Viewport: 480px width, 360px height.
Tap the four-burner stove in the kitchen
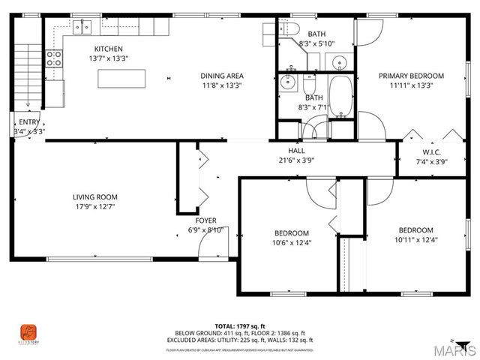click(x=54, y=58)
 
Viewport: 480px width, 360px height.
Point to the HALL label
click(x=286, y=150)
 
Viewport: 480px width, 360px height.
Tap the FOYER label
click(x=206, y=220)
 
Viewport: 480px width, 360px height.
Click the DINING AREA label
click(x=222, y=76)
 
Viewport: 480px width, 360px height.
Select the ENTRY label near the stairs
click(x=29, y=122)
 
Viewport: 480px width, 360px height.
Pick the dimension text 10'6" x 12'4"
click(x=291, y=242)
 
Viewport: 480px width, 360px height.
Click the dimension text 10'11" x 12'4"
click(x=415, y=240)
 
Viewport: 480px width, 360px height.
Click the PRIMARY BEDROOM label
click(x=411, y=76)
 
